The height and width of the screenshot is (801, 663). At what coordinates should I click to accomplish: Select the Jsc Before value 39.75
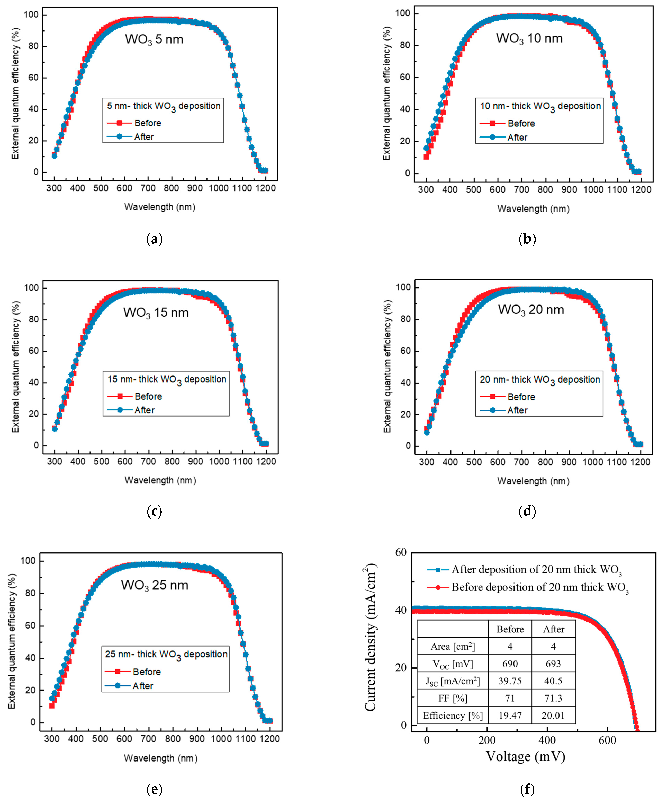click(510, 681)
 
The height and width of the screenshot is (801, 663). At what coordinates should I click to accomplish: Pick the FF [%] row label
click(453, 698)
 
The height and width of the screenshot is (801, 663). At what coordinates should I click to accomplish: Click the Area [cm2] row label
click(453, 647)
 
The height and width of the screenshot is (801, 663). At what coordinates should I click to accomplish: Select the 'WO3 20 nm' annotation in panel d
click(531, 310)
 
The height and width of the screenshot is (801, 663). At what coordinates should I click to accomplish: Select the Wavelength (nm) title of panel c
click(160, 480)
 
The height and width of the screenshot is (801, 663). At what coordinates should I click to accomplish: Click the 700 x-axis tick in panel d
click(521, 462)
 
